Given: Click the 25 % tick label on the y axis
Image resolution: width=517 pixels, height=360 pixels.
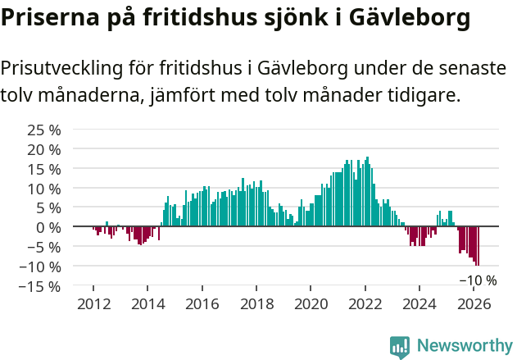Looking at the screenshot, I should pyautogui.click(x=43, y=130).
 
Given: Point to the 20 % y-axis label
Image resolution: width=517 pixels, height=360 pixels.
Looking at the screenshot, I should pyautogui.click(x=43, y=149).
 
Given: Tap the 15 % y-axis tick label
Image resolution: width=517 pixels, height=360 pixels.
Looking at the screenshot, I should pyautogui.click(x=43, y=168).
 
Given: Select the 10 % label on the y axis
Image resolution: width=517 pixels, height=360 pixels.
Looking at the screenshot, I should pyautogui.click(x=43, y=188).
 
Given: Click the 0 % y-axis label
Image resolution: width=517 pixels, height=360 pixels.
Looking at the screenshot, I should pyautogui.click(x=48, y=227).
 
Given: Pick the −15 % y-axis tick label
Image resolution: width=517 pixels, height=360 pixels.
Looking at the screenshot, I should pyautogui.click(x=39, y=286).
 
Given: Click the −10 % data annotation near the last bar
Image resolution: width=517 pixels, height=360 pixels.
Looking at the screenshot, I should pyautogui.click(x=478, y=280).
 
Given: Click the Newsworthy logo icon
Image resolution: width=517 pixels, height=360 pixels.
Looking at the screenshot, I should pyautogui.click(x=400, y=347).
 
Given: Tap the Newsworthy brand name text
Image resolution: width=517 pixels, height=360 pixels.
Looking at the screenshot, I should pyautogui.click(x=464, y=347).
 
